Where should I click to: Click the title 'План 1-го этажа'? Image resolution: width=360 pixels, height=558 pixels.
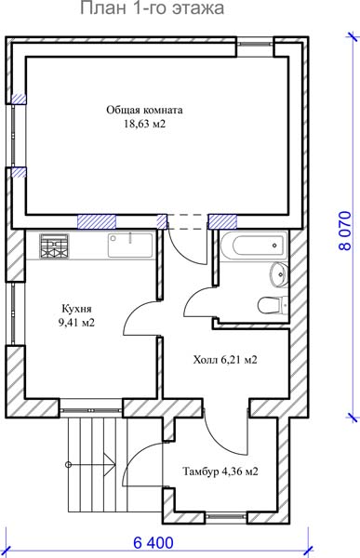coord(152,7)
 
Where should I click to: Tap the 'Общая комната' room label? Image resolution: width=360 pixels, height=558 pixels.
coord(144,110)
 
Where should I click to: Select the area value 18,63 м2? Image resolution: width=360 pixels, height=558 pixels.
coord(144,124)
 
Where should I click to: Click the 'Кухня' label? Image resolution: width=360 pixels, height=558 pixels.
coord(76,308)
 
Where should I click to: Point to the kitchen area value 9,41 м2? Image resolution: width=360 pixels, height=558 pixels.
coord(76,323)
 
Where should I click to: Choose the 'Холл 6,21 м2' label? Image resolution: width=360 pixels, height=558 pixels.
coord(225,360)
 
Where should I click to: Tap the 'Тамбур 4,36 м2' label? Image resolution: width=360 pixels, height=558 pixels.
coord(220,472)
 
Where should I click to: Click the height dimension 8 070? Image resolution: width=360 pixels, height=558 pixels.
coord(345,232)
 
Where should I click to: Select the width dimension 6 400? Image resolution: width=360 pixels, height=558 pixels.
coord(153,543)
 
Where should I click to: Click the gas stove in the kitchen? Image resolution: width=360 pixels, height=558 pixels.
coord(54,246)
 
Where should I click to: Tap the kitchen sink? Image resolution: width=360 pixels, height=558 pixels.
coord(130,245)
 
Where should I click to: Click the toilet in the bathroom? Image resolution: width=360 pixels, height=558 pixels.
coord(273,305)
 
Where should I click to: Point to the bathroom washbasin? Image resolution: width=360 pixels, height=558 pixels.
coord(279,274)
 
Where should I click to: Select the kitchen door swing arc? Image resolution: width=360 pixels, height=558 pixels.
coord(134,310)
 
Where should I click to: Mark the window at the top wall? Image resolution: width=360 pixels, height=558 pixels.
coord(255,44)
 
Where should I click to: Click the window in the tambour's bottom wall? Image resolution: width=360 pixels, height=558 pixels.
coord(226,515)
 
